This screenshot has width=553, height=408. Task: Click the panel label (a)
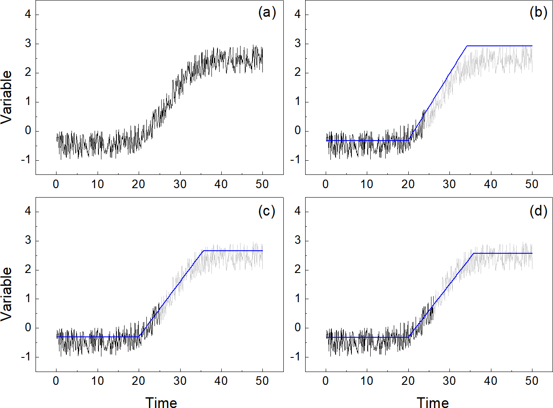267,13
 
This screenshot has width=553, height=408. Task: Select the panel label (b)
538,13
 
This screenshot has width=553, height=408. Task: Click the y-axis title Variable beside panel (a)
7,97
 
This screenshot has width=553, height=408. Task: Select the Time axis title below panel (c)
161,402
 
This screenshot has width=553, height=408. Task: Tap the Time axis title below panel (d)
433,402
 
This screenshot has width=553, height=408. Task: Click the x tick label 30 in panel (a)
180,184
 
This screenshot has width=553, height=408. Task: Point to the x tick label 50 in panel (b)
532,184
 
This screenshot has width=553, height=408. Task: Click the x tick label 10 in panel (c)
98,381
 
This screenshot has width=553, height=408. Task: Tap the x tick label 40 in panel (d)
491,381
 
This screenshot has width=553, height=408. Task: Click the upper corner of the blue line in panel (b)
467,46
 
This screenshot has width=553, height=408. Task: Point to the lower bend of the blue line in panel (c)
140,337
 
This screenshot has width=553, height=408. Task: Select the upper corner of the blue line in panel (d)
474,253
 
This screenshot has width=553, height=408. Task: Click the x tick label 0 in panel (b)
326,184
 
